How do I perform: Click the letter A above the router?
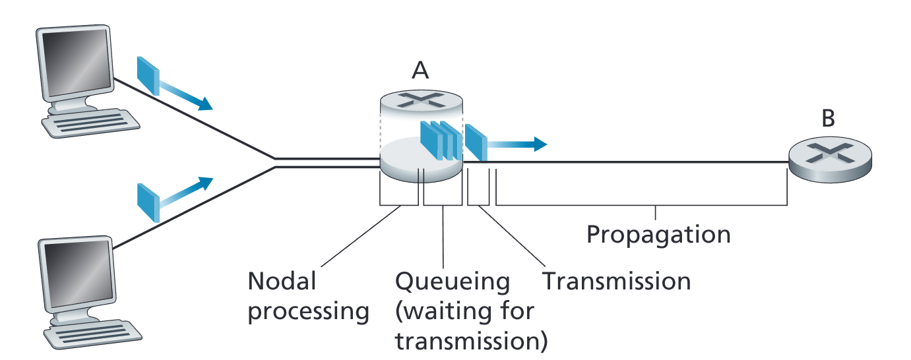coord(420,71)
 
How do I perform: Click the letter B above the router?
coord(828,118)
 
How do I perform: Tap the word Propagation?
coord(658,235)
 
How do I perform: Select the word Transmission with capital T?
coord(617,281)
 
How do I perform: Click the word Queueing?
coord(453,282)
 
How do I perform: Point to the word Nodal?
coord(282,281)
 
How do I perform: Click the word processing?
coord(308,312)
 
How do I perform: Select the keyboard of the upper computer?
coord(90,123)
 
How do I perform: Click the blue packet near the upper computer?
coord(148,76)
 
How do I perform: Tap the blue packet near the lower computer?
coord(148,203)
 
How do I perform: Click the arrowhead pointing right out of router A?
coord(540,144)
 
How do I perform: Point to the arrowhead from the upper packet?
coord(205,104)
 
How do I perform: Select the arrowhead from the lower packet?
coord(206,183)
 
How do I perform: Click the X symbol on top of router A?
coord(421,100)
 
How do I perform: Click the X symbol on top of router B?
coord(830,153)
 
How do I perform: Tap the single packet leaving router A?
coord(476,142)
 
